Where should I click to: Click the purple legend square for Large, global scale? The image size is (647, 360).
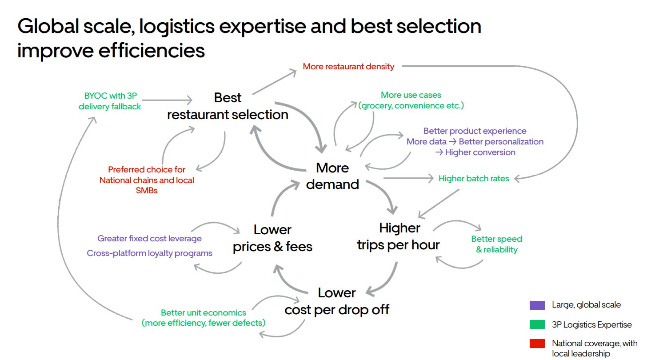coord(537,305)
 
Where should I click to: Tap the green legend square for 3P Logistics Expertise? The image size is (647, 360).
coord(537,325)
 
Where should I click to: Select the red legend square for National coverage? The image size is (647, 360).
coord(537,344)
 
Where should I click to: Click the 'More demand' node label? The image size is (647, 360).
coord(332,176)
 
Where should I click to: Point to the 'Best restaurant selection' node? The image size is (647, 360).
coord(228,106)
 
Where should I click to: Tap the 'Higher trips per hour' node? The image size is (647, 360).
coord(399,236)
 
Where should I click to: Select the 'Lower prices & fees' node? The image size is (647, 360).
coord(272,238)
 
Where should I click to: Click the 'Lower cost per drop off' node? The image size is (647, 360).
coord(337,301)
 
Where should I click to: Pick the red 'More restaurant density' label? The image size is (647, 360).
coord(348,67)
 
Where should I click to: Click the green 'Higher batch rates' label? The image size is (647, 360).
coord(474,179)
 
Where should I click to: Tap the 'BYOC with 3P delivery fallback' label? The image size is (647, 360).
coord(110,101)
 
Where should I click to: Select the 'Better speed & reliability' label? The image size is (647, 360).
coord(496,244)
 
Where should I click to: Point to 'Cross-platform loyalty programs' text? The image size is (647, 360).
coord(149,253)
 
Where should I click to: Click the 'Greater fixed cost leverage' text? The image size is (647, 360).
coord(149,239)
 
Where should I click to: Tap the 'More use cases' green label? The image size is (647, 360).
coord(411,95)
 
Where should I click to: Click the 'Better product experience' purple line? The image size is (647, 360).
coord(475,131)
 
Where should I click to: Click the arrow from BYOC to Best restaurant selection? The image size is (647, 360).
coord(167,100)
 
